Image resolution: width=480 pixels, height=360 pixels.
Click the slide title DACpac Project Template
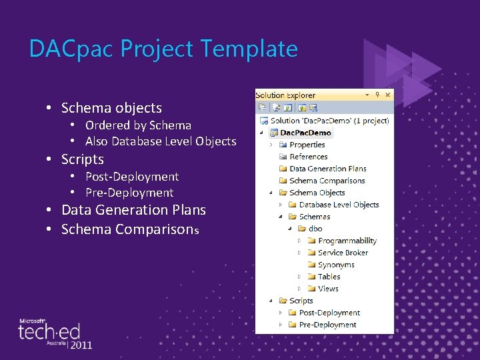tap(163, 49)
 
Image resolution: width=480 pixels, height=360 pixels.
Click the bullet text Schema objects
tap(111, 108)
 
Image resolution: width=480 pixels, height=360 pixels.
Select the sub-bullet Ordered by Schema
tap(138, 125)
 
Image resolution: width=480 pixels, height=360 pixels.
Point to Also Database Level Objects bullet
tap(161, 141)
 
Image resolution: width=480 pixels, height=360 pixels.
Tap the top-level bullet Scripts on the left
tap(83, 159)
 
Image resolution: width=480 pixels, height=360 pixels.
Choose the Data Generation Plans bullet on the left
tap(133, 210)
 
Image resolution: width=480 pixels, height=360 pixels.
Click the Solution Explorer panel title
tap(285, 95)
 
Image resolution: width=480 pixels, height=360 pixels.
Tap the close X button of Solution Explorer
tap(388, 95)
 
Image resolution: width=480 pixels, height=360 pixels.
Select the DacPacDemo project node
tap(306, 133)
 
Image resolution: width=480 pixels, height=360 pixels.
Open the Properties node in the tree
tap(307, 145)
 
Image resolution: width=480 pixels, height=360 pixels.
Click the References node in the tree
tap(309, 157)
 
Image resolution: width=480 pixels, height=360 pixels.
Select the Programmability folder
tap(347, 241)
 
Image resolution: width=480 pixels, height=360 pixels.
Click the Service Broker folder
tap(343, 253)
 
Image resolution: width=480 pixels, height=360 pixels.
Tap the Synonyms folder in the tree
tap(336, 265)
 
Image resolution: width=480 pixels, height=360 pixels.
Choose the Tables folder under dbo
tap(329, 277)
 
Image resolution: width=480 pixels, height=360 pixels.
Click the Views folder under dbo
tap(328, 289)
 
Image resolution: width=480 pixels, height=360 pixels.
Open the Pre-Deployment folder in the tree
tap(327, 325)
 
